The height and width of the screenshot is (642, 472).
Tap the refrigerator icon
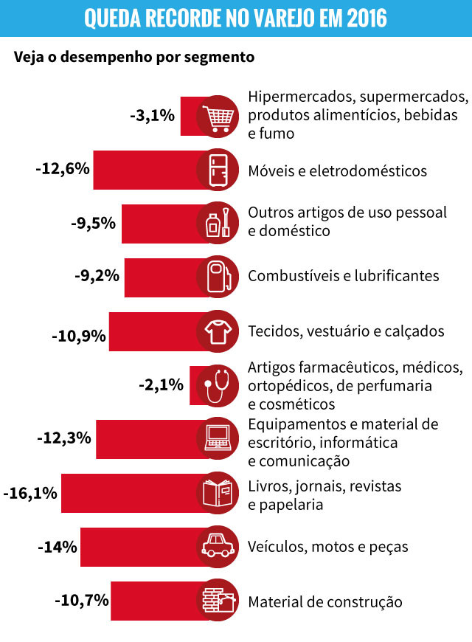[218, 170]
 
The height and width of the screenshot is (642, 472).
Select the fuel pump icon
[218, 276]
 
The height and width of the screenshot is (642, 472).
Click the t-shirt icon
[218, 331]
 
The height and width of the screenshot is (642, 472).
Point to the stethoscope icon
[218, 384]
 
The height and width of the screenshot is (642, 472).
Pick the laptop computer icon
[218, 438]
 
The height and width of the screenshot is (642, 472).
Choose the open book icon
[218, 492]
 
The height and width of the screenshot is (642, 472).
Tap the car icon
[218, 547]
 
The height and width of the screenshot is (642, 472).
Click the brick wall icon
[218, 600]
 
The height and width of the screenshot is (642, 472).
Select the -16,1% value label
[30, 493]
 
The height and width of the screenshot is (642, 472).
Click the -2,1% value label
[161, 384]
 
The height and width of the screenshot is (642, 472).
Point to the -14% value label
[57, 547]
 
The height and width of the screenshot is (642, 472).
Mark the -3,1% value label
[152, 116]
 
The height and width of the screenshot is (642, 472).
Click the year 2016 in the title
[364, 18]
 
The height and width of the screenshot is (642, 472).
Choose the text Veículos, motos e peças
[328, 547]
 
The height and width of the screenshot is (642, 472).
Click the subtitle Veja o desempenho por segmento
[133, 57]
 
